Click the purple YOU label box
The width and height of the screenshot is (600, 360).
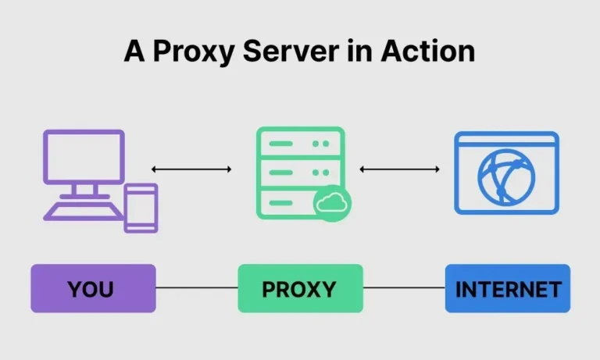pyautogui.click(x=93, y=288)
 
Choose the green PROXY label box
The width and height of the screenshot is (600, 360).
pyautogui.click(x=300, y=288)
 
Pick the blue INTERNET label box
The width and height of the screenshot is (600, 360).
pyautogui.click(x=508, y=288)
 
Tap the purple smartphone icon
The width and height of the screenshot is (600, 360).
pyautogui.click(x=141, y=207)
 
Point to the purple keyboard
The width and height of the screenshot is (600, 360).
pyautogui.click(x=82, y=210)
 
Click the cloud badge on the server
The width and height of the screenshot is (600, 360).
pyautogui.click(x=331, y=203)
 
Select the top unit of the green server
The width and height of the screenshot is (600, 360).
pyautogui.click(x=300, y=144)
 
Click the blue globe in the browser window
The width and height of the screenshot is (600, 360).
pyautogui.click(x=507, y=179)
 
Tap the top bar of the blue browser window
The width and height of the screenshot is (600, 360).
pyautogui.click(x=507, y=141)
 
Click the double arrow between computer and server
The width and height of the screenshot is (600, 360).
pyautogui.click(x=191, y=169)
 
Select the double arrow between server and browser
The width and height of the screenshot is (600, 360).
pyautogui.click(x=399, y=169)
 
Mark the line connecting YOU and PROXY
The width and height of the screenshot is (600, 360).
pyautogui.click(x=197, y=288)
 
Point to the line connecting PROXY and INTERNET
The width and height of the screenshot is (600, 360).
pyautogui.click(x=404, y=288)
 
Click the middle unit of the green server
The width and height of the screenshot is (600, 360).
pyautogui.click(x=300, y=172)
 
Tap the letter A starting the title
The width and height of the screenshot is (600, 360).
pyautogui.click(x=135, y=51)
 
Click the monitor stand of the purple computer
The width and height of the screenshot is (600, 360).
pyautogui.click(x=83, y=190)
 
